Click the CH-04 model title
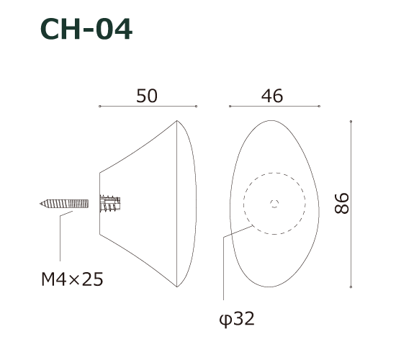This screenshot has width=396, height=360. (x=86, y=30)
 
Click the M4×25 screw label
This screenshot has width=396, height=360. (x=73, y=279)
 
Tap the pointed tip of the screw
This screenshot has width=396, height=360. (x=41, y=204)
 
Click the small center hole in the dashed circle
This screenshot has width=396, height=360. (x=274, y=203)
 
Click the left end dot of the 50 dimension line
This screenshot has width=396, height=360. (x=99, y=107)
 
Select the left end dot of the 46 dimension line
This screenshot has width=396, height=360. (x=230, y=107)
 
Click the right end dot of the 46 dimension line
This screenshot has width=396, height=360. (x=318, y=107)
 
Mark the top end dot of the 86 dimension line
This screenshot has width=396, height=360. (x=351, y=121)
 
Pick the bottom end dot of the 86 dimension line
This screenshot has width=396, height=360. (x=351, y=287)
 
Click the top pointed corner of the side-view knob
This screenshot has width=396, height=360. (x=176, y=121)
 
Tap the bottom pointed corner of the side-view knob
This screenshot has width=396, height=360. (x=176, y=287)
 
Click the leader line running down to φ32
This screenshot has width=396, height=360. (x=224, y=266)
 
